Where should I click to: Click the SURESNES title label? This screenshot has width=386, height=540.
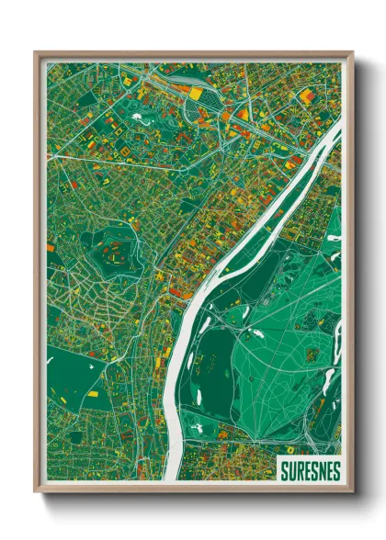[x=307, y=468]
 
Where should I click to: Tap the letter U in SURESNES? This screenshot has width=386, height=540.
[x=289, y=468]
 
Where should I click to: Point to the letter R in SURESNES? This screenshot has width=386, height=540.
[x=297, y=468]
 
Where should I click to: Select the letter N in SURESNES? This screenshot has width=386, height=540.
[x=321, y=468]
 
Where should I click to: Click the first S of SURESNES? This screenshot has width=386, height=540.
[x=281, y=468]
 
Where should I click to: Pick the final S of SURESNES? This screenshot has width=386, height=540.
[x=336, y=468]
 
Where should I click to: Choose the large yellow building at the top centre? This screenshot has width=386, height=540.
[x=196, y=94]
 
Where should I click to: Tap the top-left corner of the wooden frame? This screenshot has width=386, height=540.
[x=36, y=53]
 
